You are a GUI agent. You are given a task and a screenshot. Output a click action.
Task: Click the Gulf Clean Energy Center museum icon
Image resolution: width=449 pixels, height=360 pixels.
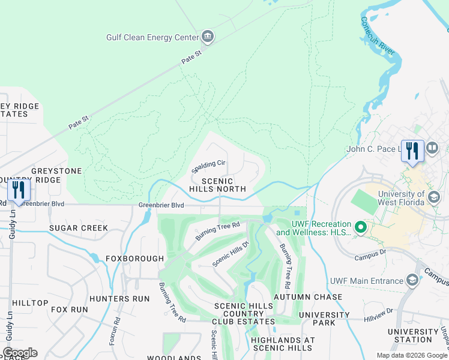[208, 37]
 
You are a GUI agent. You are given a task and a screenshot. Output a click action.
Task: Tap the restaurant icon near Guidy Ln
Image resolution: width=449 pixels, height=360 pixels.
[18, 191]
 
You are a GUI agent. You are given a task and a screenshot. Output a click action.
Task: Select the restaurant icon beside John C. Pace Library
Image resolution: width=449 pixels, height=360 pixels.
[412, 150]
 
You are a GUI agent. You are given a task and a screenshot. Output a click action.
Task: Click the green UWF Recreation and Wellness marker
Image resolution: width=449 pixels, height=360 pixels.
[361, 227]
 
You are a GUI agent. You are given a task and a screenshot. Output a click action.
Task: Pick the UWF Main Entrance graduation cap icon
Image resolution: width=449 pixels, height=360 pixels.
[412, 280]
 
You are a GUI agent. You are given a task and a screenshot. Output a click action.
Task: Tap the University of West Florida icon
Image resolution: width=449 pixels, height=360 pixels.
[434, 197]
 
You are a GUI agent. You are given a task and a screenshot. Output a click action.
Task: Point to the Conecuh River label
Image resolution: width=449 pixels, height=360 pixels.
[379, 36]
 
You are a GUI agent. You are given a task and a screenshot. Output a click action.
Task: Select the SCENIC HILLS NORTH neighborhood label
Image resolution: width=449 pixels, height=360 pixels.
[217, 185]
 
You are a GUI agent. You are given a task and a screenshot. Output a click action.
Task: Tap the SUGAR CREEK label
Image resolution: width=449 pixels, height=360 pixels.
[79, 228]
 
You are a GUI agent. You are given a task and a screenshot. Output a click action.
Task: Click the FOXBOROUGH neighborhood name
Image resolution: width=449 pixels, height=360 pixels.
[135, 259]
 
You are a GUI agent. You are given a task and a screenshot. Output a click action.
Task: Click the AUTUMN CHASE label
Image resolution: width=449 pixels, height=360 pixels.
[303, 297]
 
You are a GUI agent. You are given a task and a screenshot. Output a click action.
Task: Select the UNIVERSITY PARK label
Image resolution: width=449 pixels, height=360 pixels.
[324, 319]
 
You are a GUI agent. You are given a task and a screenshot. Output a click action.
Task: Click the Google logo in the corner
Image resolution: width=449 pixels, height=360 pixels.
[20, 353]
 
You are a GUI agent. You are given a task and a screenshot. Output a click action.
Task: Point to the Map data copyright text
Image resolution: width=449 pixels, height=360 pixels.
[412, 355]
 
